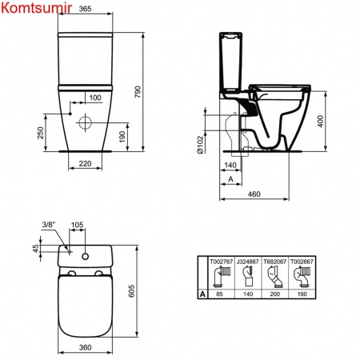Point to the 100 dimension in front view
click(x=95, y=98)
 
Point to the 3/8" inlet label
click(x=48, y=226)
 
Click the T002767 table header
click(x=220, y=262)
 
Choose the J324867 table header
click(x=249, y=262)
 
